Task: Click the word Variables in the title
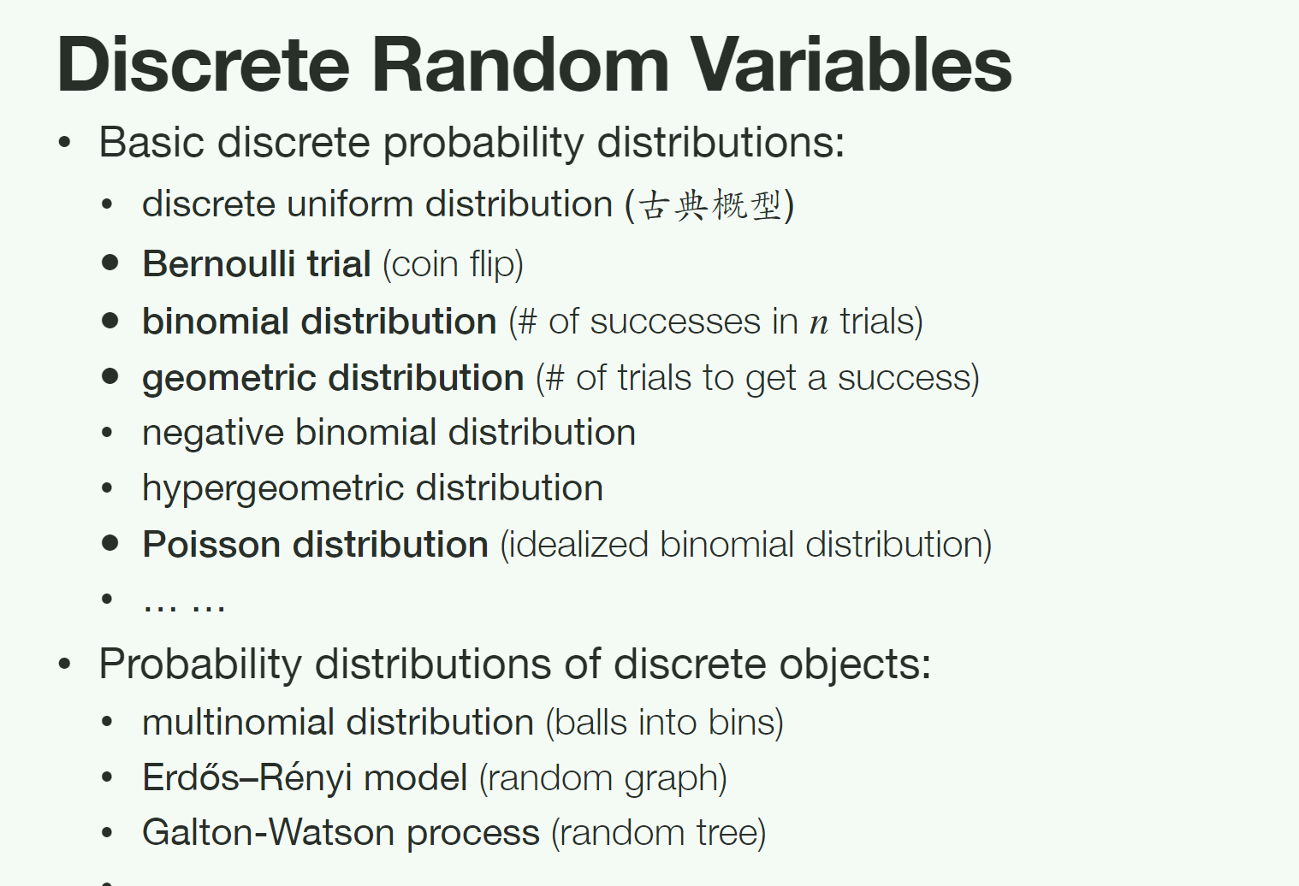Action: tap(851, 64)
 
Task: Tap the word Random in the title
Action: tap(521, 64)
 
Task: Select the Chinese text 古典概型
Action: tap(710, 205)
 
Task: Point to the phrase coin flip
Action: tap(453, 265)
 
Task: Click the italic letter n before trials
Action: tap(819, 323)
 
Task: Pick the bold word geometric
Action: tap(229, 380)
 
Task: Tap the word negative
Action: tap(212, 434)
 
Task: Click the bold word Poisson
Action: tap(211, 545)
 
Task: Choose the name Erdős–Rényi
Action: tap(246, 777)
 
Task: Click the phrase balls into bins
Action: tap(665, 723)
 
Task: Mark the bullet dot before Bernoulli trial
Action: tap(110, 263)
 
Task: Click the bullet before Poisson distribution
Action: tap(110, 543)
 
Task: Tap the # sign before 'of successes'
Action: tap(528, 322)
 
